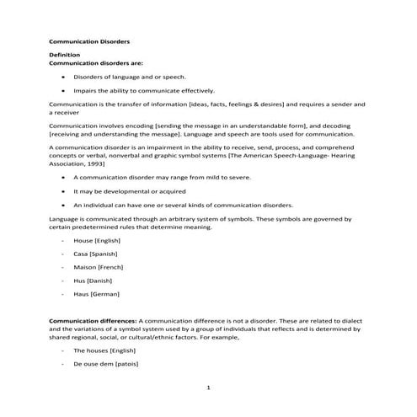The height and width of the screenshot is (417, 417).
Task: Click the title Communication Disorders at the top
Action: pos(90,40)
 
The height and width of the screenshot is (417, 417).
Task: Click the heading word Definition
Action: pos(65,55)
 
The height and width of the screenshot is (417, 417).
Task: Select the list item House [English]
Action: pos(94,241)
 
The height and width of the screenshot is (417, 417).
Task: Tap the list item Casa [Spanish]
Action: pos(95,254)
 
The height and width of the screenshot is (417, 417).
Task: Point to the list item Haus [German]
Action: pos(96,293)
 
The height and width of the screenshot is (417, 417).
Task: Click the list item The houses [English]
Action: pos(104,350)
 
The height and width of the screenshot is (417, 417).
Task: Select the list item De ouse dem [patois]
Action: pos(106,363)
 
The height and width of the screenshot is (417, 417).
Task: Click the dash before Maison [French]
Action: pos(63,267)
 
